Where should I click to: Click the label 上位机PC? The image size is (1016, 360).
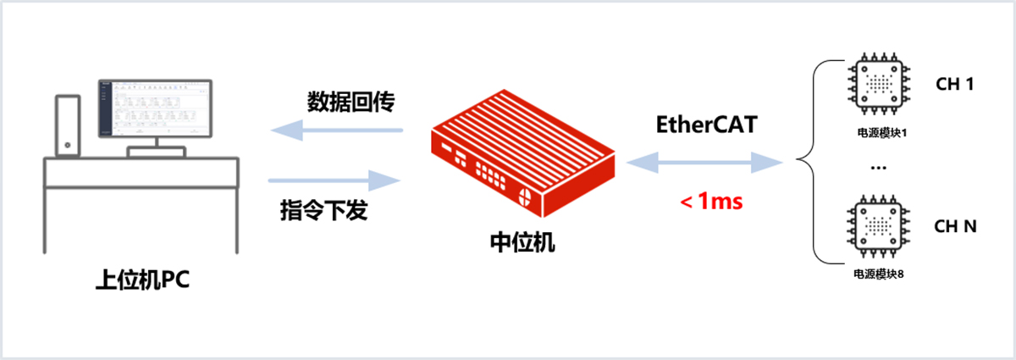pos(142,280)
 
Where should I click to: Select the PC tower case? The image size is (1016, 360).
pos(68,125)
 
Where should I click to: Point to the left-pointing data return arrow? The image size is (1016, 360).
pos(336,130)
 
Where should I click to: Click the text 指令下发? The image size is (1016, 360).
pos(323,209)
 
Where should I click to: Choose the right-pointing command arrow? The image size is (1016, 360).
pos(334,180)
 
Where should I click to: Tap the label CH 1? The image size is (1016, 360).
pos(955,85)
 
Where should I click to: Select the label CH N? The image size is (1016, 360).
pos(955,226)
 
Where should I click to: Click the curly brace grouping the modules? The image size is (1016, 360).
pos(811,161)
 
